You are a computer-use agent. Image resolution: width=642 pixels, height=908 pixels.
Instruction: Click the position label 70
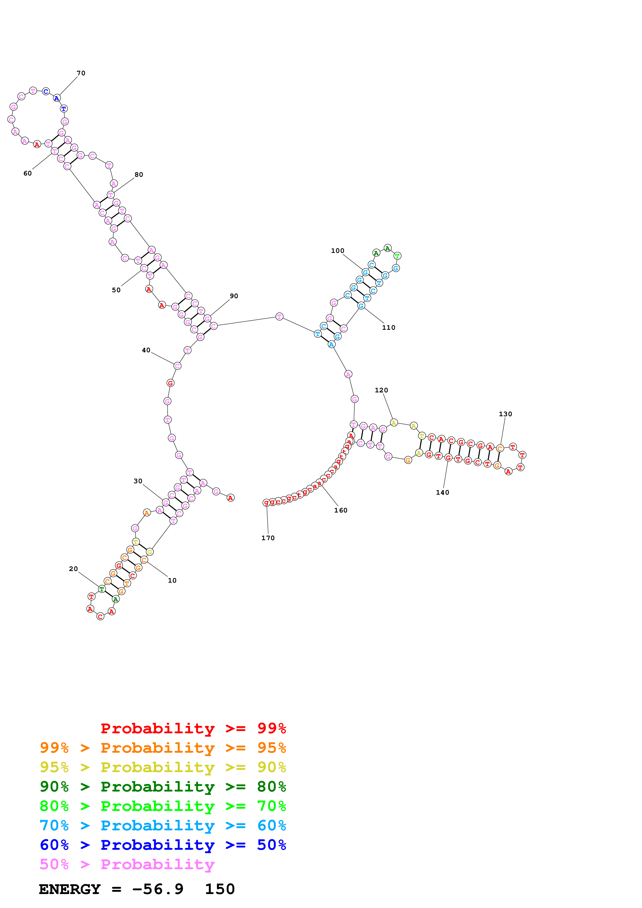(x=81, y=73)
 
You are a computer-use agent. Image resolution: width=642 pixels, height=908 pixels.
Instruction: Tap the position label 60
(x=27, y=173)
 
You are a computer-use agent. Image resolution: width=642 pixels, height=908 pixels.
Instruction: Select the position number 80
(x=139, y=174)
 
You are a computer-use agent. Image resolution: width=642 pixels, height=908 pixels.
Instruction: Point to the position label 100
(x=337, y=251)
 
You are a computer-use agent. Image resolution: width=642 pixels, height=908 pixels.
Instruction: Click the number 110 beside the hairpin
(x=388, y=327)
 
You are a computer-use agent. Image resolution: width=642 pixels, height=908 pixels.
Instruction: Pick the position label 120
(x=381, y=390)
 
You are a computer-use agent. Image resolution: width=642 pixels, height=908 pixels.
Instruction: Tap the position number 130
(x=505, y=414)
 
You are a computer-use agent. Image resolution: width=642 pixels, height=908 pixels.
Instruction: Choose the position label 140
(x=442, y=492)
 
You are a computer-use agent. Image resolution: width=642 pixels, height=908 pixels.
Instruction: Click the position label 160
(x=341, y=510)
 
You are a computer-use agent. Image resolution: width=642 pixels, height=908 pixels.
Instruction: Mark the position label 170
(x=268, y=538)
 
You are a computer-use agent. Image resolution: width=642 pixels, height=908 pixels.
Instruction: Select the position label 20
(x=73, y=569)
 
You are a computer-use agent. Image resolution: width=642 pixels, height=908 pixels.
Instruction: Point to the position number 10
(x=172, y=580)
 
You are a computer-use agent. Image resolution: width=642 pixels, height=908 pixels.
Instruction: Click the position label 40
(x=146, y=350)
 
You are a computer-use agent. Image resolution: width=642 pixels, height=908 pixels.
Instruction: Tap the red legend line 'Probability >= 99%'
(x=193, y=728)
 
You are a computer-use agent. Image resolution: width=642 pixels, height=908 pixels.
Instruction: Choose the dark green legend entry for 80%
(x=163, y=787)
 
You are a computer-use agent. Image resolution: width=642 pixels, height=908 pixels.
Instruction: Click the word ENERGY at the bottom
(x=70, y=889)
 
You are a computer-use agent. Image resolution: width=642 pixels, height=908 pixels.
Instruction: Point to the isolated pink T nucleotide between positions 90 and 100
(x=279, y=316)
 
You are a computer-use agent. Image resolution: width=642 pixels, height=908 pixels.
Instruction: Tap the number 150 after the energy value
(x=220, y=889)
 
